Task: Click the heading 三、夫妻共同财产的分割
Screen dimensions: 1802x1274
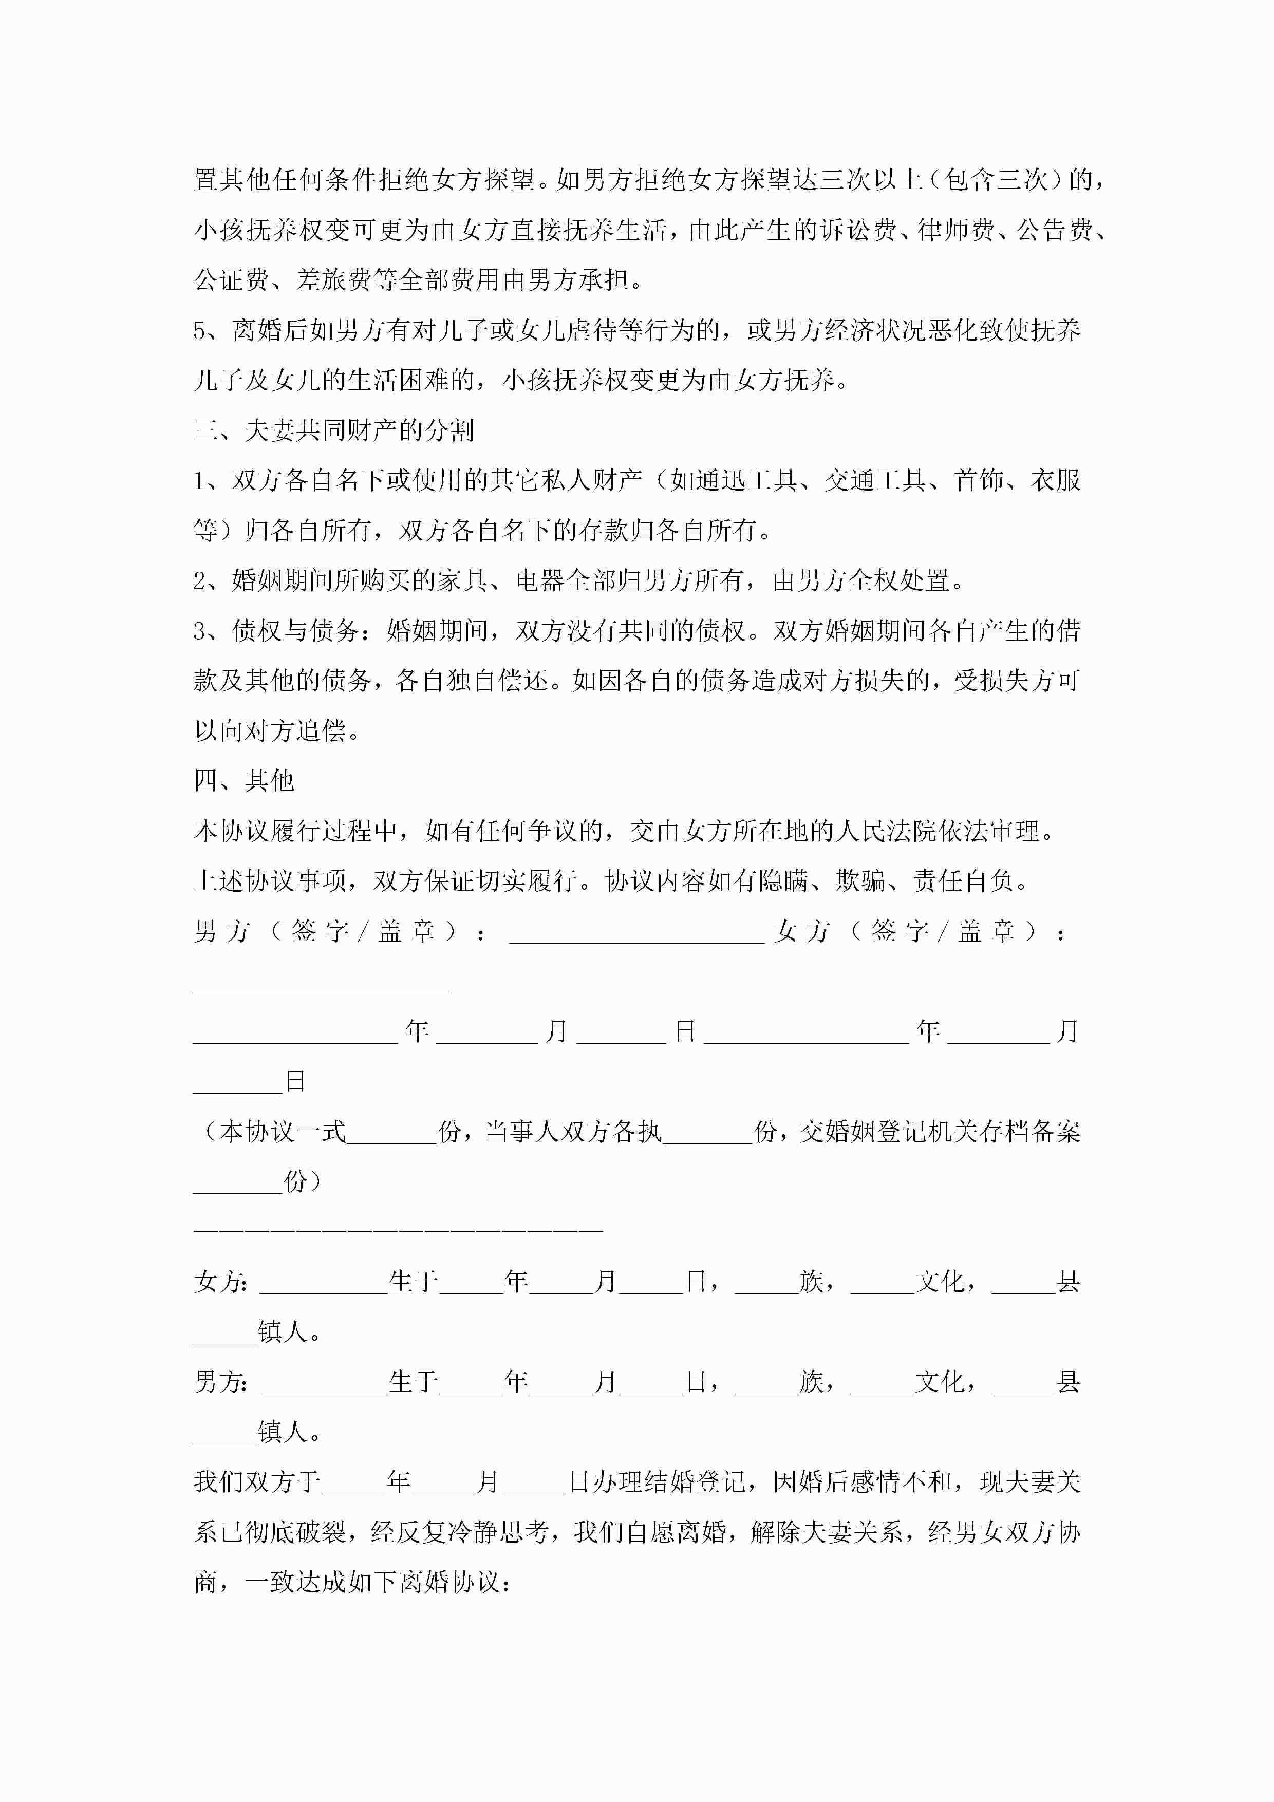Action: [333, 430]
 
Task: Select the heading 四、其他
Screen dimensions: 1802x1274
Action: [243, 780]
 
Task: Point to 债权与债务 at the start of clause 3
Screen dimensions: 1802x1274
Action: [295, 630]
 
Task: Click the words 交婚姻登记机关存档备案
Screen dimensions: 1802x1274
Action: [940, 1132]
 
